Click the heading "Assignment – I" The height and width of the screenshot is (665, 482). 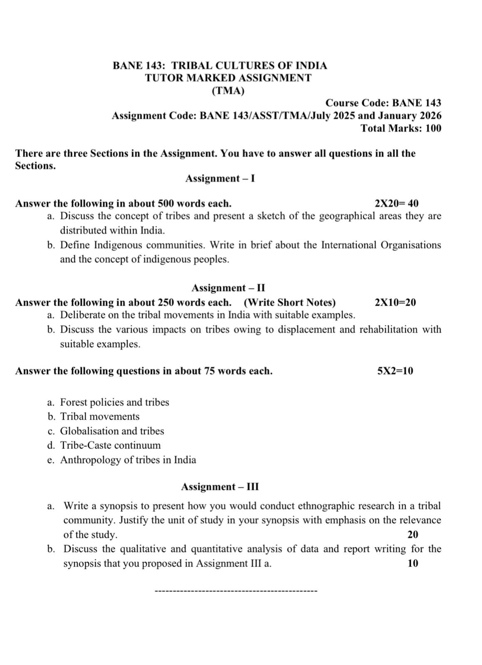(x=220, y=179)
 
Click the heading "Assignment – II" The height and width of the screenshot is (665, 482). (x=228, y=288)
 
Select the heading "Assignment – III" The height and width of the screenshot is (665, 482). (x=220, y=487)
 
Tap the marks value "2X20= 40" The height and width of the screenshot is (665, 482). (x=396, y=204)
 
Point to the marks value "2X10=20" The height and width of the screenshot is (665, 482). (x=395, y=303)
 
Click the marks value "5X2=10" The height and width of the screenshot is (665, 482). (x=395, y=371)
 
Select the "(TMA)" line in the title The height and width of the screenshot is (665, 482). (x=228, y=91)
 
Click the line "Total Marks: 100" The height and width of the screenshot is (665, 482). (x=401, y=128)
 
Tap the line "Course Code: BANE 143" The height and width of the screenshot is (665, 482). (x=383, y=103)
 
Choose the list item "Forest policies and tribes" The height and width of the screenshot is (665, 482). (x=114, y=402)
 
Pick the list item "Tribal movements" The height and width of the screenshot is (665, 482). (x=100, y=416)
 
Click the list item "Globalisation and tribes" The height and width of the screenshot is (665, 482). (x=112, y=431)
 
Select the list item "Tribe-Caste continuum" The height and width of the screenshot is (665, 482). (x=110, y=446)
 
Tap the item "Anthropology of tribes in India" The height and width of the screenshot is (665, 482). (x=128, y=460)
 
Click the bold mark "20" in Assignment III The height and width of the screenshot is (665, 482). (x=413, y=535)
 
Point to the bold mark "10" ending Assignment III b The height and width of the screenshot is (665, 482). (x=413, y=564)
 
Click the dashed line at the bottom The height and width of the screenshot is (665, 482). (x=236, y=591)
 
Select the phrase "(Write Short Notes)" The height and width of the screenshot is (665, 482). (x=289, y=303)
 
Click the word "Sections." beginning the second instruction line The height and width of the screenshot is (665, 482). (x=35, y=166)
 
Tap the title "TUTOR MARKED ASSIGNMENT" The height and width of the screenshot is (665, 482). (x=228, y=78)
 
